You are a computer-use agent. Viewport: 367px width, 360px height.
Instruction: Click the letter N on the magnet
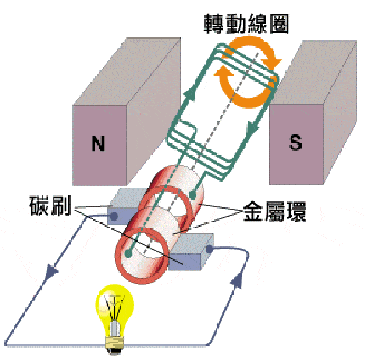pos(99,143)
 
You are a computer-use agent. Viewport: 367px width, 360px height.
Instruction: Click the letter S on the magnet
pos(295,142)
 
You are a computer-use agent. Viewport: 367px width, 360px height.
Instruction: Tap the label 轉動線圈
pos(246,25)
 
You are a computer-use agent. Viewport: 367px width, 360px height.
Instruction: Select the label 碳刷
pos(50,205)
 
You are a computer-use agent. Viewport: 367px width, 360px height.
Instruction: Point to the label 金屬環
pos(274,211)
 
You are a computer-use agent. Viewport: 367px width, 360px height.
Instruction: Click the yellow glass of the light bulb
pos(115,303)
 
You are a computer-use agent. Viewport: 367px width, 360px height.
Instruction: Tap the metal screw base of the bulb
pos(115,341)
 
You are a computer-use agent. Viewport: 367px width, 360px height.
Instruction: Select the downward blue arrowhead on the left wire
pos(51,271)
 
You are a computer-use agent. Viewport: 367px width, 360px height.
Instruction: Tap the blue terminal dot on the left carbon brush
pos(114,217)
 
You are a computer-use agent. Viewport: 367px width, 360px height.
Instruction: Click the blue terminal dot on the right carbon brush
pos(209,249)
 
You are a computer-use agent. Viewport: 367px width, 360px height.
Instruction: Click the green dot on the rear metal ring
pos(193,194)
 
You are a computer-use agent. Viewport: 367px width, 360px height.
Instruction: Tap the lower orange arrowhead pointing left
pos(223,71)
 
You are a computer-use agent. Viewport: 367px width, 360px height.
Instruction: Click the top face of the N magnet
pos(127,71)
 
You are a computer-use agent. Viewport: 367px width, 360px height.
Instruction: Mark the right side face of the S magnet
pos(340,112)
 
